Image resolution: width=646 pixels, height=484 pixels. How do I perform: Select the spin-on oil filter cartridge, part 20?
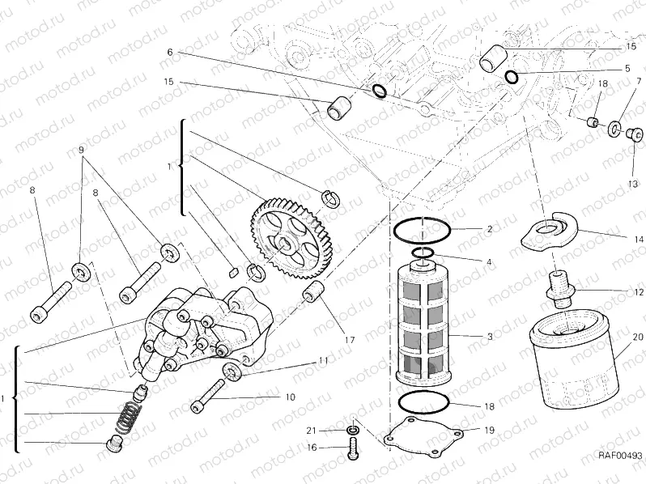tap(572, 357)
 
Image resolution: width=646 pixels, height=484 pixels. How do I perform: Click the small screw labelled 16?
tap(354, 448)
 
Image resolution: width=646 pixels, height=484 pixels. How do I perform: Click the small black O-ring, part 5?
tap(511, 78)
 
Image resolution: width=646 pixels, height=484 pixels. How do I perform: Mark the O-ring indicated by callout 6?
tap(379, 89)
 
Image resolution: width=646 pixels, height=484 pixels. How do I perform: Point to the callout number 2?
tap(489, 229)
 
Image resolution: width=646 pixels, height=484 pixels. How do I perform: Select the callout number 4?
tap(489, 261)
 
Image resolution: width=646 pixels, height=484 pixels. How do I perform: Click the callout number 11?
tap(324, 360)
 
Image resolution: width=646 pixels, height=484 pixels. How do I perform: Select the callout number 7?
tap(638, 81)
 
